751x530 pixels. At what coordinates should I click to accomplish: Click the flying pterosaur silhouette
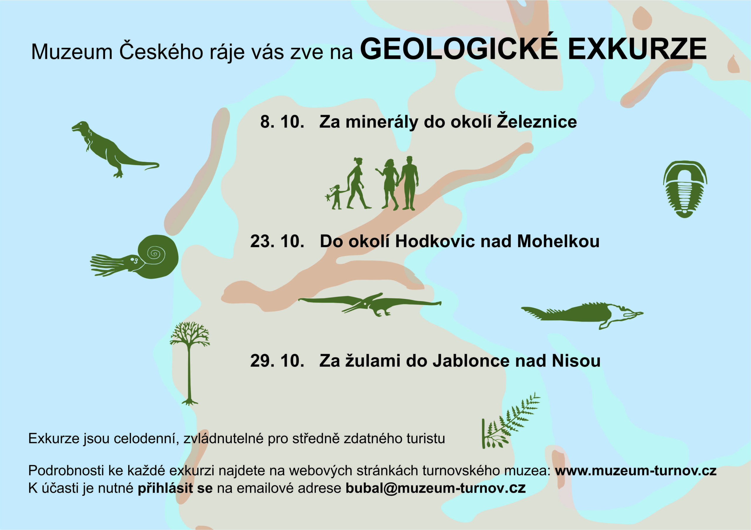[370, 304]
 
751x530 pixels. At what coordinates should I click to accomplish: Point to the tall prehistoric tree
[190, 363]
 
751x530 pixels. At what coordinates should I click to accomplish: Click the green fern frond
[510, 422]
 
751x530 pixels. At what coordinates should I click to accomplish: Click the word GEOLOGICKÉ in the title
[459, 49]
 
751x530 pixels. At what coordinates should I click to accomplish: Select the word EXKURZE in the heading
[637, 49]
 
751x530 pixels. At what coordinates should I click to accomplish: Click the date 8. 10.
[282, 122]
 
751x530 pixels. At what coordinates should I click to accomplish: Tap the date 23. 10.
[277, 241]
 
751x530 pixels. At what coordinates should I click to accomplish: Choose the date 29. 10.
[277, 361]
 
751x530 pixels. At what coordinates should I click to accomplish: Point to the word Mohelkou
[558, 241]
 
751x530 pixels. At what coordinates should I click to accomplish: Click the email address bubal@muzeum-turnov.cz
[435, 488]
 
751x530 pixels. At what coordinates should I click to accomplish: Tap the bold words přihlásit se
[175, 488]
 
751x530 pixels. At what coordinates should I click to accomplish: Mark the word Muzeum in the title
[72, 52]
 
